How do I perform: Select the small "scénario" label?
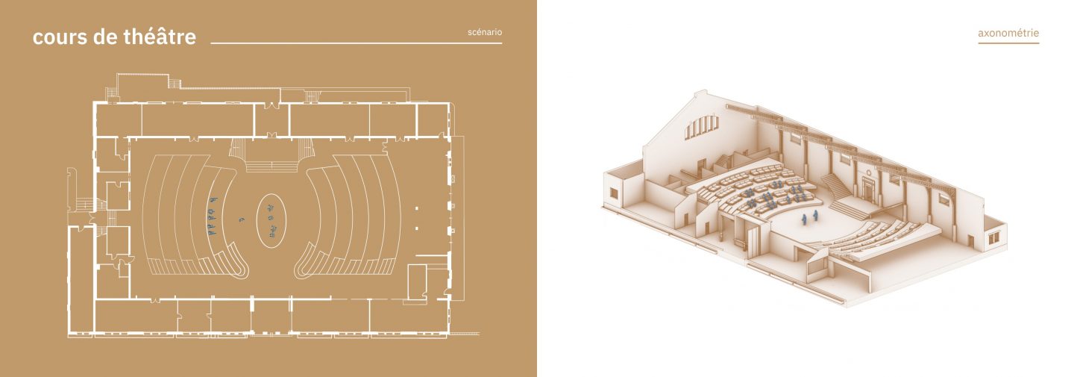(485, 32)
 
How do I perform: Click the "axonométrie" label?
(1008, 33)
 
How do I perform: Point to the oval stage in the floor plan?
(271, 221)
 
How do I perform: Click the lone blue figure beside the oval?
(242, 219)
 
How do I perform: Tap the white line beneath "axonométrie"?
(1008, 43)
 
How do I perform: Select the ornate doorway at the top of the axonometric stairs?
(869, 187)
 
